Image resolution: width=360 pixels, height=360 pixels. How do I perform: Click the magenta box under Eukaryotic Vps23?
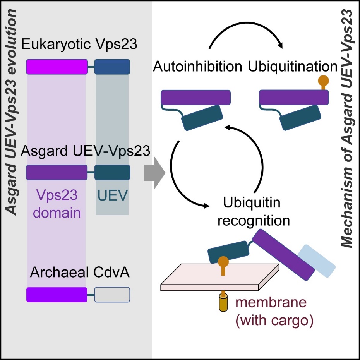[57, 67]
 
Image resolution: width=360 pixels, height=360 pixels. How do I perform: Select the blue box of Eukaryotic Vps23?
[112, 67]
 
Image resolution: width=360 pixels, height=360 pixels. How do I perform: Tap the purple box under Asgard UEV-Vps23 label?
[57, 172]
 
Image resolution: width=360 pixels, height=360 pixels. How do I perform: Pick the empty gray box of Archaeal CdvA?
[112, 295]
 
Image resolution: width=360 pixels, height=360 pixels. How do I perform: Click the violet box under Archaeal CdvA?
[57, 295]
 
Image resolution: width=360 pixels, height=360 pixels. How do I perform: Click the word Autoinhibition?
[197, 67]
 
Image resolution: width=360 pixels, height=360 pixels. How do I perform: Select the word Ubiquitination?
[293, 67]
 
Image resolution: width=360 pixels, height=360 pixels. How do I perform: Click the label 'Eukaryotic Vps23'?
[79, 44]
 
